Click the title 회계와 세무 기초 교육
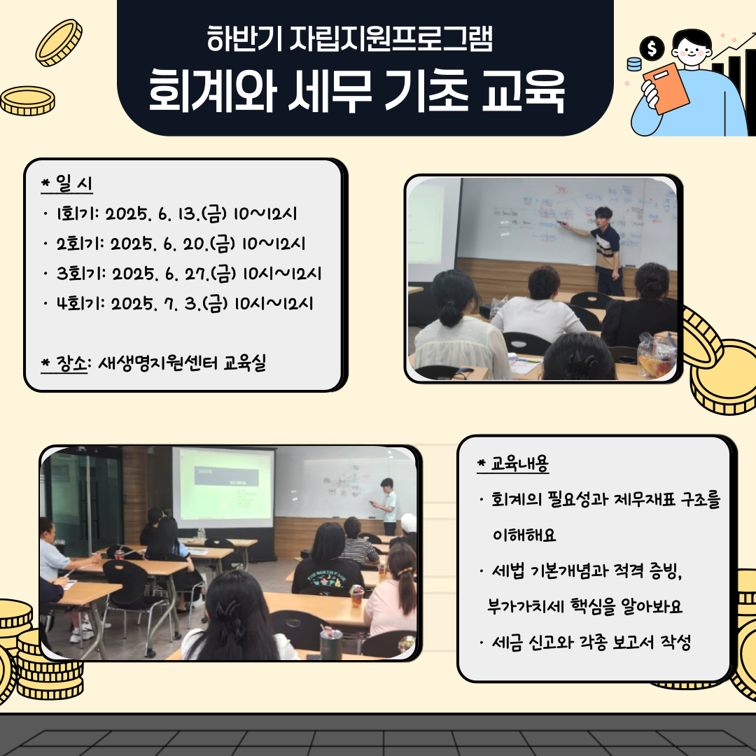coord(356,91)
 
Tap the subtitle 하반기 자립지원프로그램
coord(350,38)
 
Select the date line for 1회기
coord(176,213)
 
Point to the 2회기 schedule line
coord(181,244)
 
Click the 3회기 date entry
coord(188,274)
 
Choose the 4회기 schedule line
coord(185,304)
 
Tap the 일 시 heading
coord(67,183)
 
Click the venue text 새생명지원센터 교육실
coord(182,363)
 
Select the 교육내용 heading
coord(513,463)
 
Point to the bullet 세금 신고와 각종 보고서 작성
coord(591,642)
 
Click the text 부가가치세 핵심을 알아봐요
coord(584,606)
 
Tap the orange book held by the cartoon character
coord(666,88)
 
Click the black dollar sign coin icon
coord(652,48)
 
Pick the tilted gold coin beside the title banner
coord(59,43)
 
